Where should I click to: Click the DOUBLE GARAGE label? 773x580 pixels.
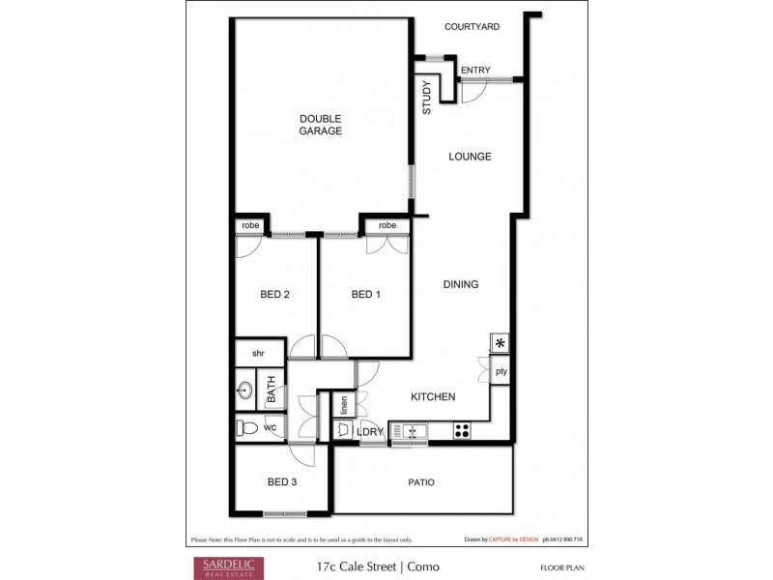coord(320,125)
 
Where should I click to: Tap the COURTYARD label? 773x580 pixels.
coord(472,27)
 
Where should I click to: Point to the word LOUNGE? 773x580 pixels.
coord(470,157)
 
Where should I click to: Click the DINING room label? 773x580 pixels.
coord(461,284)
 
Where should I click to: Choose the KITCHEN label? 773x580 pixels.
coord(433,397)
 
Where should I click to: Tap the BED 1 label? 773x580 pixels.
coord(365,295)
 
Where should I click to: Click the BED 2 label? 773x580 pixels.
coord(275,295)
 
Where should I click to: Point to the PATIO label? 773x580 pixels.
coord(420,482)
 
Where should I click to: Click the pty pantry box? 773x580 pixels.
coord(501,371)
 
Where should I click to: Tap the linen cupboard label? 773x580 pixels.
coord(343,404)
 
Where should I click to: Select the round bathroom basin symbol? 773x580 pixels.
coord(245,392)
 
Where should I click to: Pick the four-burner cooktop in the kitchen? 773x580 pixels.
coord(463,430)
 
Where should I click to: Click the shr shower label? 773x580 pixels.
coord(259,354)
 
